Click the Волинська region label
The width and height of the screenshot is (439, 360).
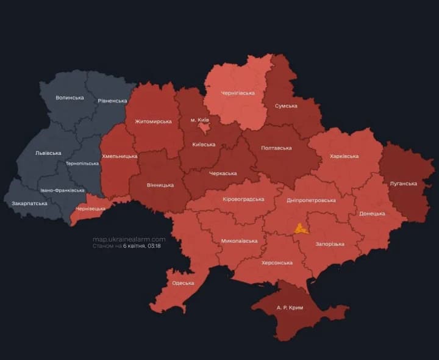(x=70, y=98)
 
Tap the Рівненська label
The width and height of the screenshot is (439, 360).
(x=113, y=100)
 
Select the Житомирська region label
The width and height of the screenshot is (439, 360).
(x=152, y=121)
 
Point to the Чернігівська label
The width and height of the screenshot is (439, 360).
(x=237, y=93)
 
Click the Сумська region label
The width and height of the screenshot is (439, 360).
(x=286, y=106)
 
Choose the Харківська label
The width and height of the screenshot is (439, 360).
(x=344, y=156)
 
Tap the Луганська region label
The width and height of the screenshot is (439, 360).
(x=403, y=183)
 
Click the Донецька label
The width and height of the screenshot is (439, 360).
(x=372, y=214)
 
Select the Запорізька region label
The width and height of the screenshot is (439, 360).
(x=329, y=244)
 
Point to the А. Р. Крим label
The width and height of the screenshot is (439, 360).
(x=289, y=308)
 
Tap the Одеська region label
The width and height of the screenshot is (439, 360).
(x=183, y=283)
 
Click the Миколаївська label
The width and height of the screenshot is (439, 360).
(x=239, y=240)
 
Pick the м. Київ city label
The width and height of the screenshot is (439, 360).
(x=201, y=120)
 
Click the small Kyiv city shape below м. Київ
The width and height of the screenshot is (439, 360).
(x=203, y=128)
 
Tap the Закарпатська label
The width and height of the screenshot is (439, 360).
(x=29, y=203)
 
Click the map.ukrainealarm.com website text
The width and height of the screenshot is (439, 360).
(x=129, y=239)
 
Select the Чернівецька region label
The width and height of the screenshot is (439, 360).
(x=90, y=209)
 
